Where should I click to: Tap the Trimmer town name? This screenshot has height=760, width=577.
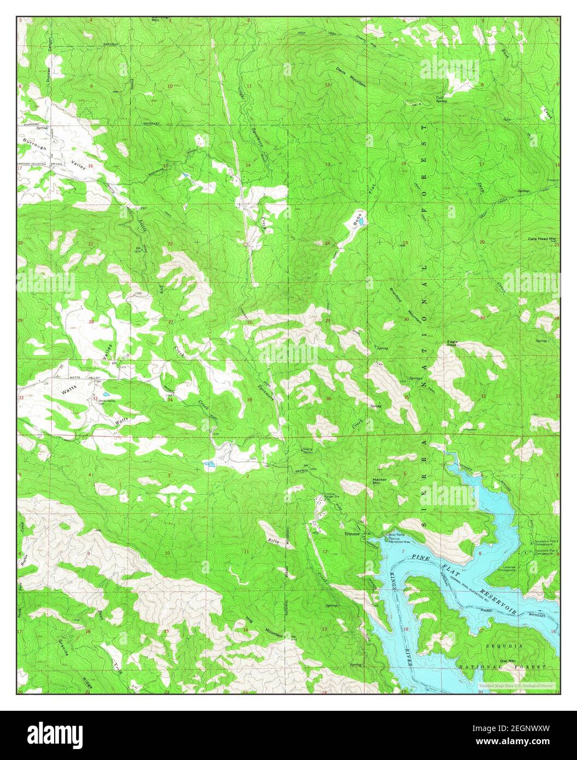352,534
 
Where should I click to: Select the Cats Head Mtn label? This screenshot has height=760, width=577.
541,239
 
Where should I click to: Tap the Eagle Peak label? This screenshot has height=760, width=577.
452,343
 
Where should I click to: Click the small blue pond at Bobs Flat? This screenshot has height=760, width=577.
363,221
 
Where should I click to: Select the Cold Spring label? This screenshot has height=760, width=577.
441,99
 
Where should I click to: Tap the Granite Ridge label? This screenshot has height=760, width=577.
75,664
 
